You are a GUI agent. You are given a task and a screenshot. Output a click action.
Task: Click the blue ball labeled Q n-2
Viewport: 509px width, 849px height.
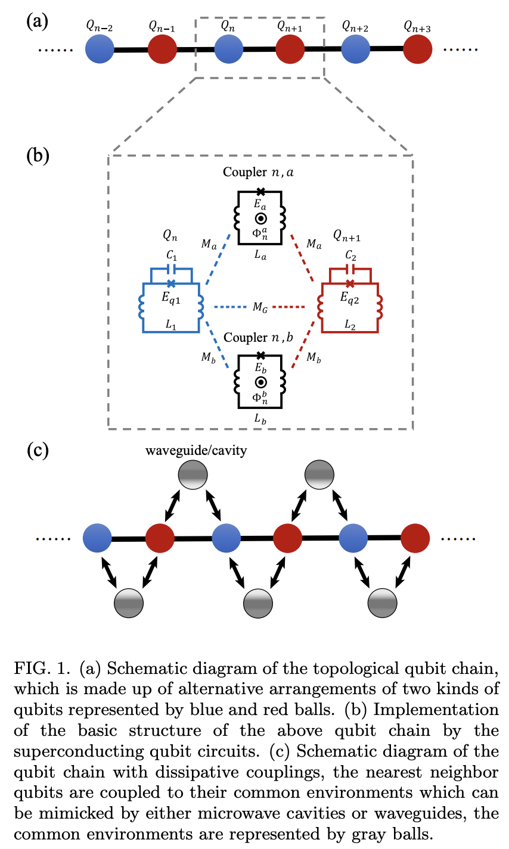click(100, 49)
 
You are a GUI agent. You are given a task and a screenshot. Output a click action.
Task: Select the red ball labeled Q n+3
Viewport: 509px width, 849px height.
click(417, 49)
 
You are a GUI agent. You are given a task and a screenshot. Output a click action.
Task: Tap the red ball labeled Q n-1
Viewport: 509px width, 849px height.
click(162, 49)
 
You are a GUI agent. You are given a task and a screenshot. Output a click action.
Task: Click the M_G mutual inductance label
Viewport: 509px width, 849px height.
click(259, 307)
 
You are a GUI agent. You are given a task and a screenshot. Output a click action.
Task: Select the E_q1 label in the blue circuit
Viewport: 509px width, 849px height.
click(170, 299)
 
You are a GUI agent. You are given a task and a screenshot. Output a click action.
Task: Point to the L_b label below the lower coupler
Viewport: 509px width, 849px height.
click(260, 419)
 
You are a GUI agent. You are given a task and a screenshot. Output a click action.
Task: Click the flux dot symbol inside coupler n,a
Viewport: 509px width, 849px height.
click(260, 218)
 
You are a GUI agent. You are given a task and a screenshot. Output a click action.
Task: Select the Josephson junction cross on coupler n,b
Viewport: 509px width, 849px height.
click(260, 355)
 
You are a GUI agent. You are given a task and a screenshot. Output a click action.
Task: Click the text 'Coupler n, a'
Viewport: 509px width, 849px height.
click(259, 172)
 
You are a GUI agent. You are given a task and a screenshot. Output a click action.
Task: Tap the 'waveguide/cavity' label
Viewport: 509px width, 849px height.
click(196, 450)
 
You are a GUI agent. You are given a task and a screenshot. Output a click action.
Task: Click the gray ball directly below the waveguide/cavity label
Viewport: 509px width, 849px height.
click(193, 475)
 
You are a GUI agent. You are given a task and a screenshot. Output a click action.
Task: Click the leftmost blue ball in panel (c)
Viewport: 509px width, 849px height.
click(98, 538)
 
